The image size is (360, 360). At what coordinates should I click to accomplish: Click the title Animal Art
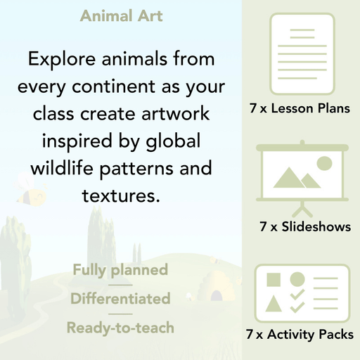[121, 15]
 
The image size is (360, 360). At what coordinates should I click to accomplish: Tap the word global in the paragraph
[174, 141]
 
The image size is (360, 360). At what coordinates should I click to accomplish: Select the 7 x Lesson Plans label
[300, 109]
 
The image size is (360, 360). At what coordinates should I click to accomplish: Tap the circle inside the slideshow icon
[324, 164]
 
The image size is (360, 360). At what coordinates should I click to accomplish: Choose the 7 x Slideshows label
[305, 226]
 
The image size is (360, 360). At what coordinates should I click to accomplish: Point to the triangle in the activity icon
[274, 304]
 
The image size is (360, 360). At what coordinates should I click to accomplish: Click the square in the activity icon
[274, 280]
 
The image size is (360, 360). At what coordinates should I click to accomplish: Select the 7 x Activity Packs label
[300, 335]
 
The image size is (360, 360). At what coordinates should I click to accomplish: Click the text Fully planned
[120, 269]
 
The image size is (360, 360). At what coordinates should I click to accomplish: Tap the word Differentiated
[120, 298]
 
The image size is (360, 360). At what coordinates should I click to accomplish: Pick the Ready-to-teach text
[120, 327]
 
